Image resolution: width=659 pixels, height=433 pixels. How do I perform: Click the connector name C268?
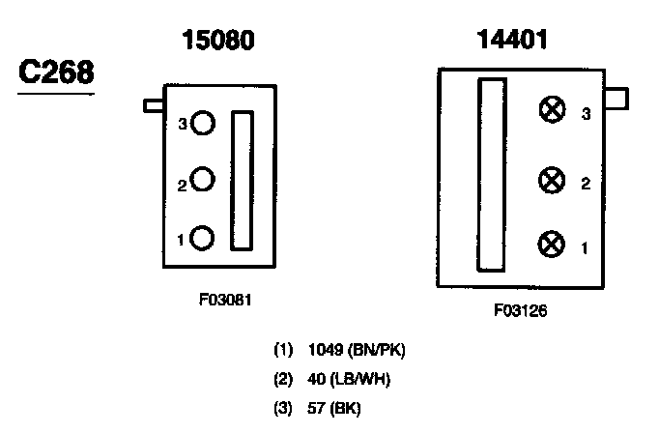55,74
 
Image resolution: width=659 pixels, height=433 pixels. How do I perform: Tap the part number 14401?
513,41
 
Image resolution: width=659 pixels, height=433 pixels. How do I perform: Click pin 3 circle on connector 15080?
202,123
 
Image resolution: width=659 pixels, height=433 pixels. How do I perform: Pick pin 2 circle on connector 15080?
202,180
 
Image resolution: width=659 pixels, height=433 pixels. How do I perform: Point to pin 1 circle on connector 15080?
202,237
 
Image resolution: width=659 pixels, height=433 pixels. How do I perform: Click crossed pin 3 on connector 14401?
552,111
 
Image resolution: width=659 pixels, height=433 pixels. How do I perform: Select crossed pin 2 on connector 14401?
552,180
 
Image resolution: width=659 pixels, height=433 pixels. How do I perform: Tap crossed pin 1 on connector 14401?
552,245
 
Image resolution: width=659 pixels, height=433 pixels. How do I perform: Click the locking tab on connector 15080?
154,105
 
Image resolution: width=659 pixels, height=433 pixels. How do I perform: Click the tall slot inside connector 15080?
242,182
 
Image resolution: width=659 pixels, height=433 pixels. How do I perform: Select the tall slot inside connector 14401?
492,175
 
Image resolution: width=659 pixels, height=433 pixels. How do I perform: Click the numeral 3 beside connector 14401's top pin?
586,113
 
